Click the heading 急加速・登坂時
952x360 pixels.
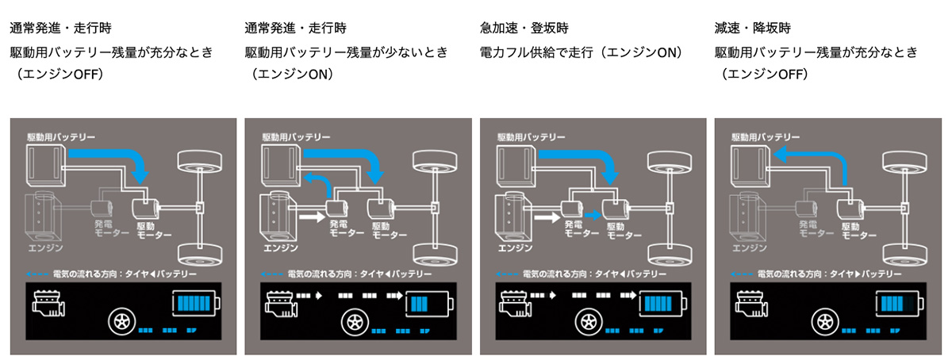coord(522,29)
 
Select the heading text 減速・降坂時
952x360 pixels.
coord(753,29)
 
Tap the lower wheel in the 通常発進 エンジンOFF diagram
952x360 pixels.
coord(200,255)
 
